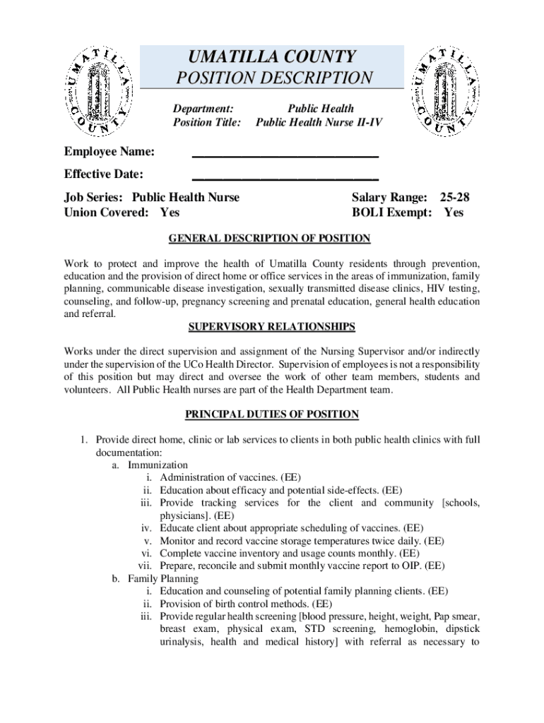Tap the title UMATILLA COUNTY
(271, 56)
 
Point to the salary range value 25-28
(454, 197)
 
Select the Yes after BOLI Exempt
(454, 212)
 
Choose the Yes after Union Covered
(170, 212)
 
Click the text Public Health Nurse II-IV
(315, 123)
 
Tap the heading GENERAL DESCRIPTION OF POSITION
(269, 239)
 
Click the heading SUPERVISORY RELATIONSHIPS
(271, 327)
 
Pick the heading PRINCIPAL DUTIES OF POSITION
(271, 414)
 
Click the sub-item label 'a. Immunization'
(150, 465)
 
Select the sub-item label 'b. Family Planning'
(155, 578)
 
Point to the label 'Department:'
(203, 109)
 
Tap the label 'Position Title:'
(207, 123)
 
